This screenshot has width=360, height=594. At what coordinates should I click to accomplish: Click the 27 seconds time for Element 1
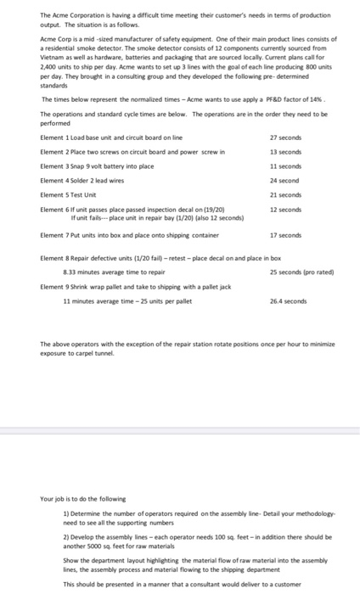point(282,137)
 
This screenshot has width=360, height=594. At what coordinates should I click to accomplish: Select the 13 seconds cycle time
point(282,153)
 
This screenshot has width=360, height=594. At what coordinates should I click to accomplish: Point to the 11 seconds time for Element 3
point(282,167)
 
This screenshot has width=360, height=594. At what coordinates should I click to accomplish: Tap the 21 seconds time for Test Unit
point(282,195)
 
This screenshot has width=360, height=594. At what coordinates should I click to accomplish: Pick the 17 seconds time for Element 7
point(282,234)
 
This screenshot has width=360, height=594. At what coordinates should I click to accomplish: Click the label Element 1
point(56,137)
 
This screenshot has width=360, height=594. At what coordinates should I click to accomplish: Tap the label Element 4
point(56,181)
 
